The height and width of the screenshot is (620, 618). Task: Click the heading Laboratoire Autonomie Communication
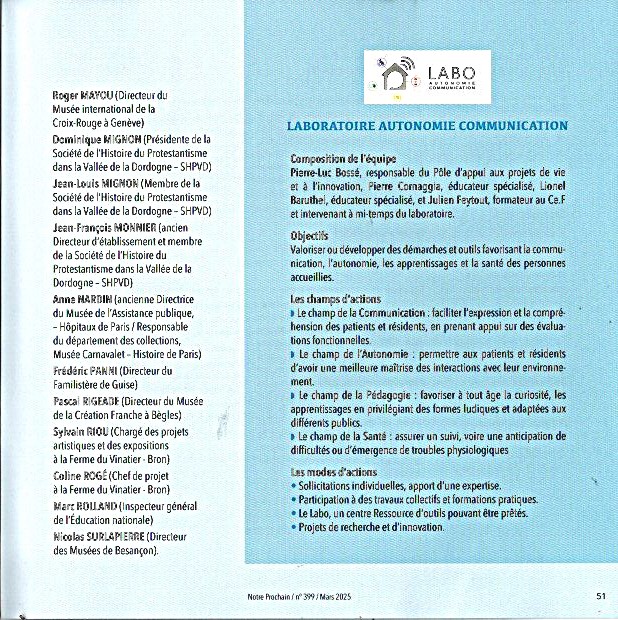427,126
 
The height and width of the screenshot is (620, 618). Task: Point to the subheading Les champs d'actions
334,299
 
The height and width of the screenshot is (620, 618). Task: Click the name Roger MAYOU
82,95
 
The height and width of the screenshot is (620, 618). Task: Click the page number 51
601,595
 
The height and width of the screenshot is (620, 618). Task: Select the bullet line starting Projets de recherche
371,526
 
